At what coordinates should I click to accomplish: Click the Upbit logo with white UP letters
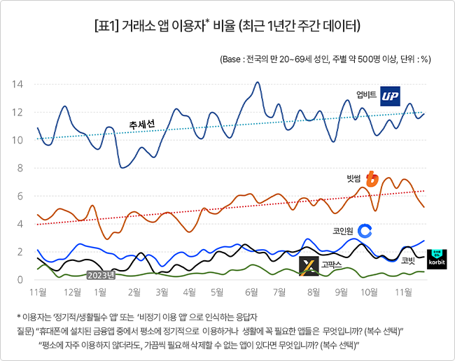point(391,96)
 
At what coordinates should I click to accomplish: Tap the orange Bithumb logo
point(372,179)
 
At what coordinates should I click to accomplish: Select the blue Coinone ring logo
point(365,231)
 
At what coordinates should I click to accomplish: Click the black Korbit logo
point(437,259)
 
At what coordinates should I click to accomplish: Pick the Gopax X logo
point(309,266)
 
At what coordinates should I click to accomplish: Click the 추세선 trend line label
point(141,125)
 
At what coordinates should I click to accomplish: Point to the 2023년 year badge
point(101,275)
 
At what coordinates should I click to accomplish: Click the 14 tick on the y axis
point(17,85)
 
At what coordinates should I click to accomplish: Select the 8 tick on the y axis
point(20,168)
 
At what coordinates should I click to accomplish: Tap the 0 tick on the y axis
point(20,280)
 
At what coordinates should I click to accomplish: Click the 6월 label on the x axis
point(251,292)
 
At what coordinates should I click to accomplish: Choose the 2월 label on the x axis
point(134,292)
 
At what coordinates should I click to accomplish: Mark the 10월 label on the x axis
point(369,292)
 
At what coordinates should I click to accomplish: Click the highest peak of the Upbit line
point(258,83)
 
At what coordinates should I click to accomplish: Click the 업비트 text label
point(366,94)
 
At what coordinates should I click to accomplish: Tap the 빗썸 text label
point(353,178)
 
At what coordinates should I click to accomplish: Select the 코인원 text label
point(343,231)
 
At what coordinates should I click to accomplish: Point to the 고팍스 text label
point(331,264)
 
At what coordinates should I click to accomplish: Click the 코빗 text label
point(408,261)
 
